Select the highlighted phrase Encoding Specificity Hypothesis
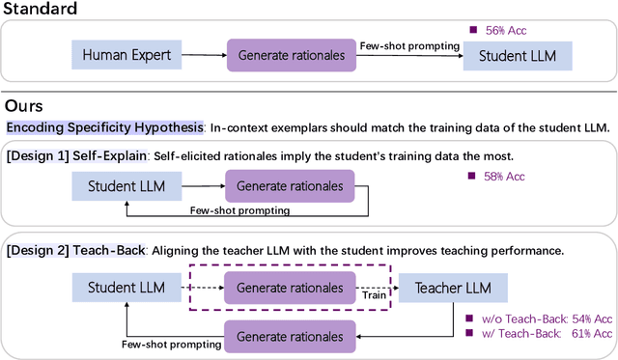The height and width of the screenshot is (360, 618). [104, 127]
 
